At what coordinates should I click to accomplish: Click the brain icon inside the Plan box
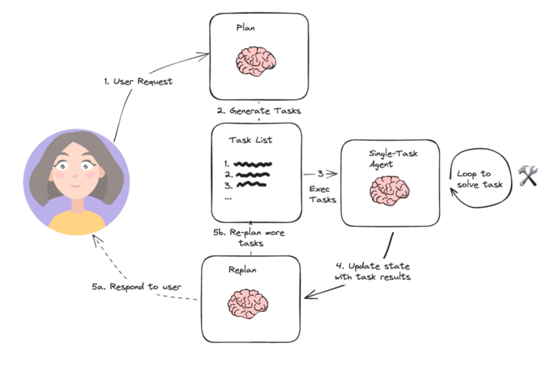tap(255, 60)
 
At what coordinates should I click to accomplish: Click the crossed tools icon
tap(527, 175)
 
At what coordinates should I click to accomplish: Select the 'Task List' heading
tap(251, 141)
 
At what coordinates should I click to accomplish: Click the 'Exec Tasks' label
tap(322, 194)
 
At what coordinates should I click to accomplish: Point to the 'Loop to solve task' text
tap(477, 179)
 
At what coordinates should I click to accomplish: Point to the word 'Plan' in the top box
tap(246, 29)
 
